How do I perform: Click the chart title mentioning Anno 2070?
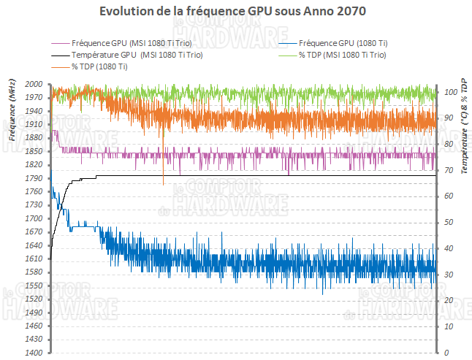(x=235, y=12)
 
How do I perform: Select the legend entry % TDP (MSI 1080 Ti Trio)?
(x=343, y=55)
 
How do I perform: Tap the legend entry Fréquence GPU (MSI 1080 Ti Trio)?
(x=137, y=42)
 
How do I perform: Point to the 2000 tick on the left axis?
(x=34, y=85)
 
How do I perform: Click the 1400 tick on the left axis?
(x=34, y=353)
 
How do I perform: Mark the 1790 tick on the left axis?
(x=34, y=179)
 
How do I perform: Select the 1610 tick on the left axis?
(x=34, y=259)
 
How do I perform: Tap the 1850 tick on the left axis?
(x=34, y=152)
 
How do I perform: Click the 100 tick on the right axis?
(x=450, y=93)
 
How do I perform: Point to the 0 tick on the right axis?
(x=445, y=353)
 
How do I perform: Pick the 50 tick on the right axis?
(x=448, y=223)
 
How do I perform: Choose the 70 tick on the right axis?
(x=448, y=171)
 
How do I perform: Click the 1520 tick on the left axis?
(x=34, y=299)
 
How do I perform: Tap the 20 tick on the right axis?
(x=448, y=301)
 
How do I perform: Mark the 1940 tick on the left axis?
(x=34, y=112)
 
